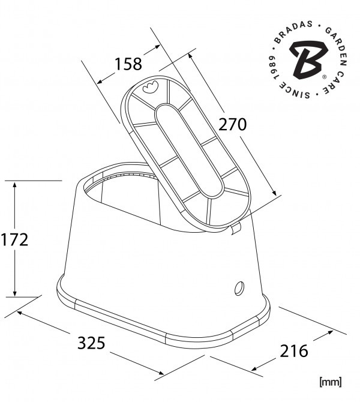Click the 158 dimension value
coord(128,64)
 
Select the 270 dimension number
coord(232,124)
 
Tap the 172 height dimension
coord(14,240)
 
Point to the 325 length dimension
coord(91,343)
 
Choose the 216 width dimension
coord(294,351)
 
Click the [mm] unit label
coord(331,382)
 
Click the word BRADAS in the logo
coord(292,31)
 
